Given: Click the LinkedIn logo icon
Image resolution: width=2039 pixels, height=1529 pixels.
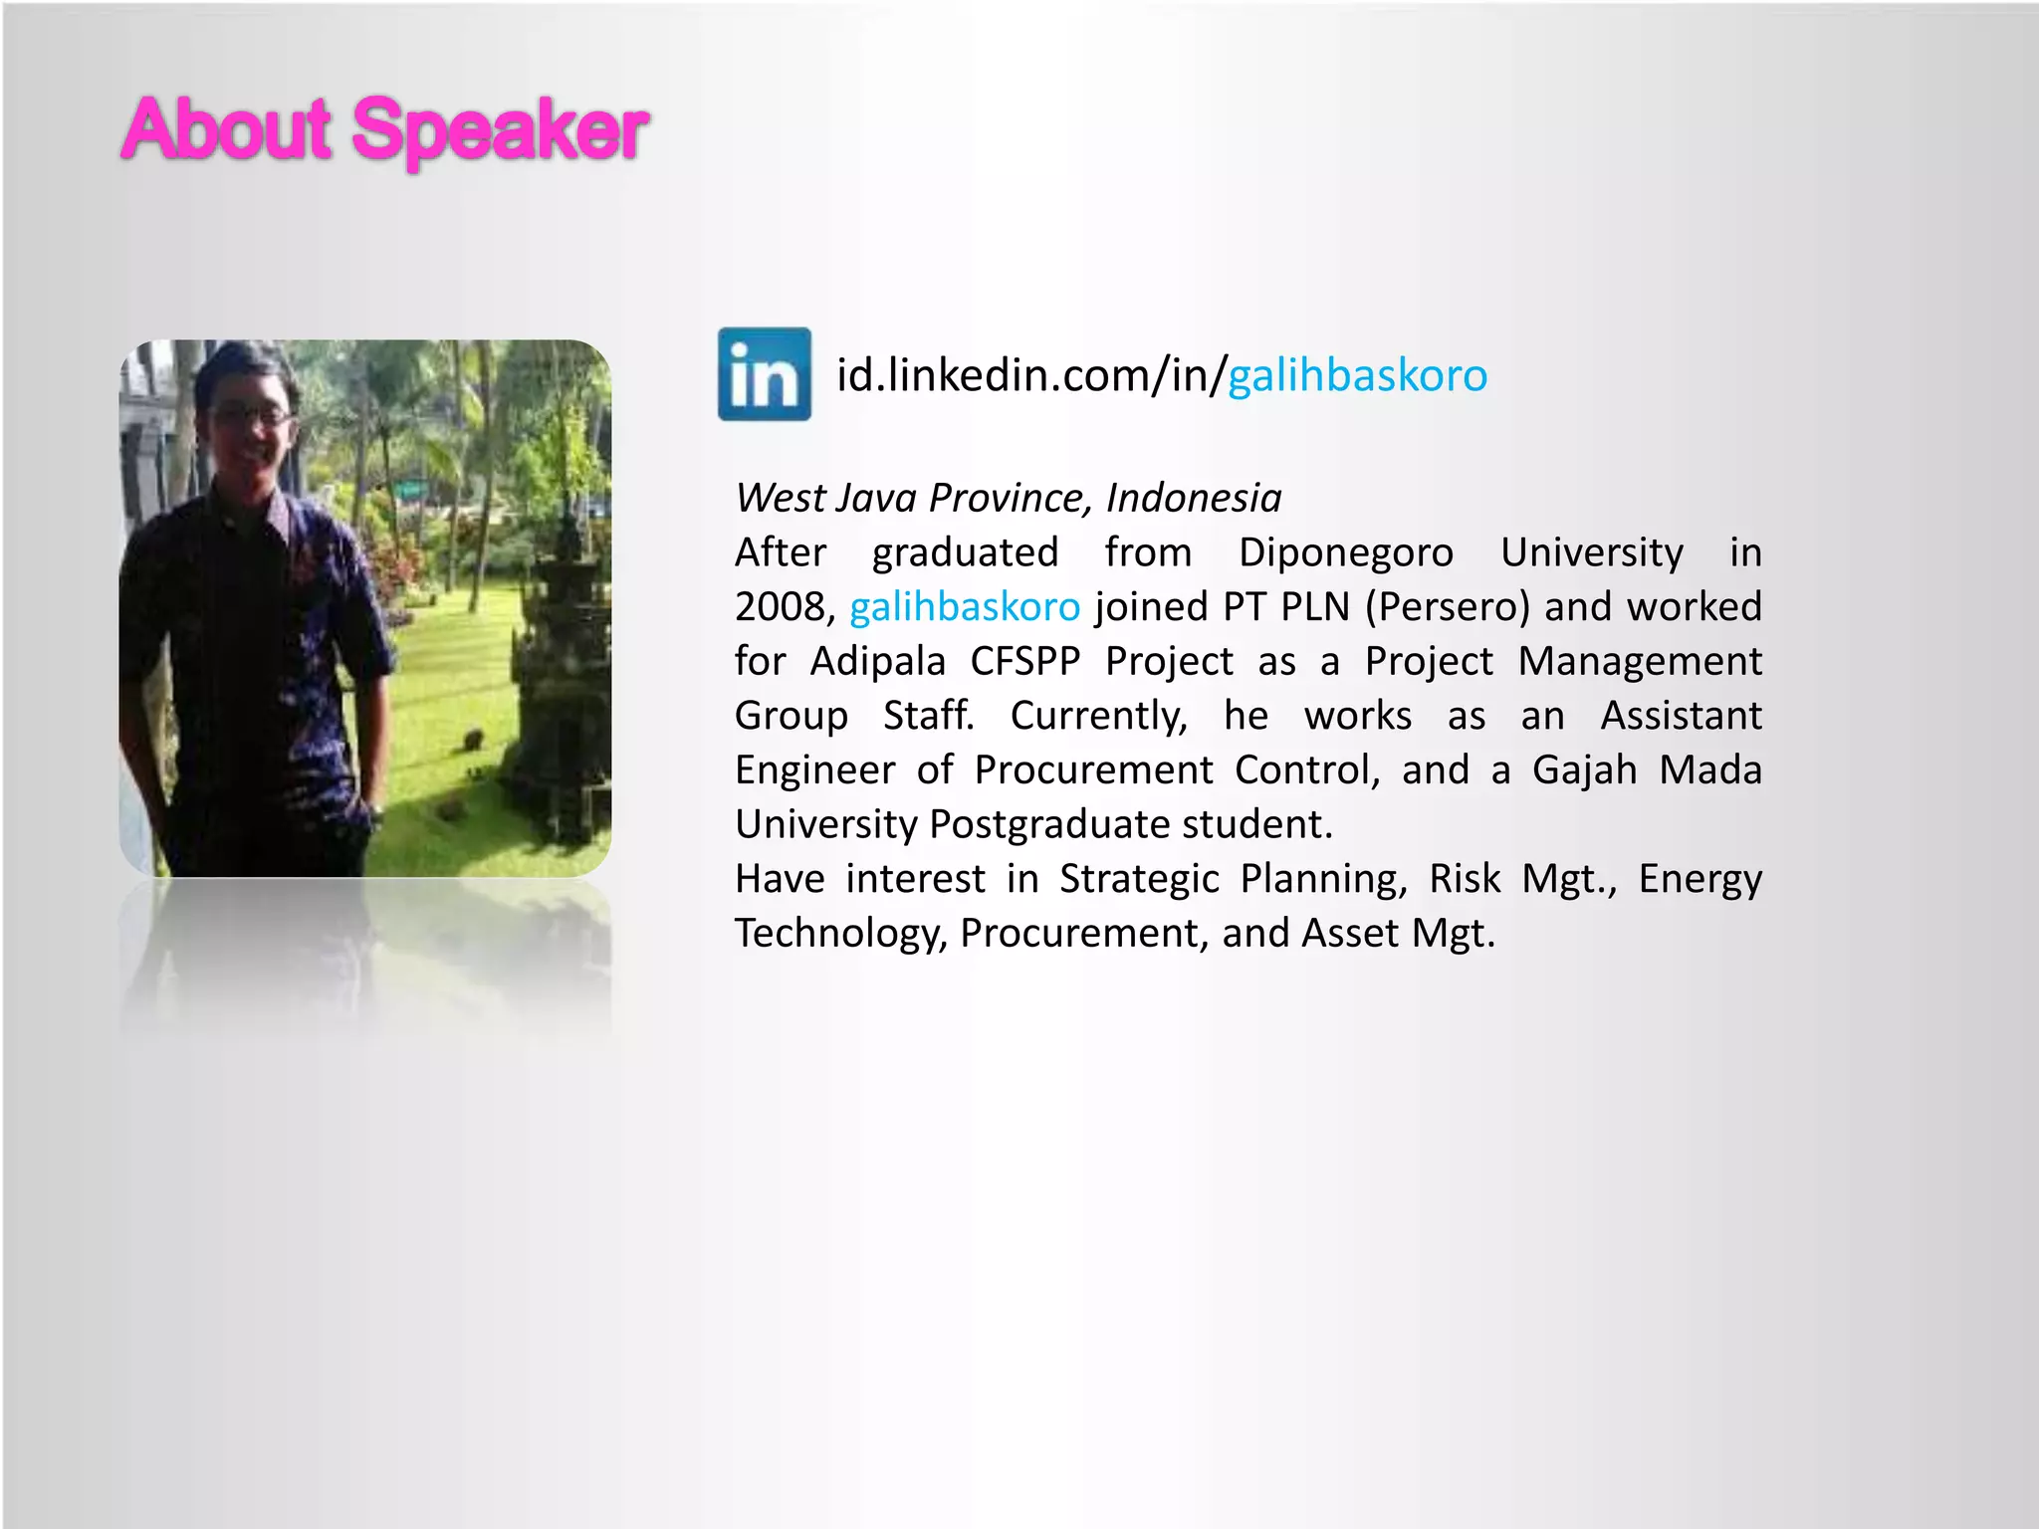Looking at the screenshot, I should point(765,374).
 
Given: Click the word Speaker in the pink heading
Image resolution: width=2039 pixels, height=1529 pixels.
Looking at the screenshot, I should point(500,129).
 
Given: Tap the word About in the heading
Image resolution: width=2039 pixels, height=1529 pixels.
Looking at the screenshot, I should point(226,129).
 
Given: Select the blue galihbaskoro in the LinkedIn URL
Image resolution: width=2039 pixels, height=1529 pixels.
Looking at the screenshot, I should point(1357,376).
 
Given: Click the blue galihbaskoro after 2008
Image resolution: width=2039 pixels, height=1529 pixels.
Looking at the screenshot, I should point(964,607).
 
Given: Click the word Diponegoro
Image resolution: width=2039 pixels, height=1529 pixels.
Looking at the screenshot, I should point(1345,553).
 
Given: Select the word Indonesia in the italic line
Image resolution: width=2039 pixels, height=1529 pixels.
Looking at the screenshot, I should point(1193,498).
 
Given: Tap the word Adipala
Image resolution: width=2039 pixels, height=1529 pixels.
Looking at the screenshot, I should point(877,662).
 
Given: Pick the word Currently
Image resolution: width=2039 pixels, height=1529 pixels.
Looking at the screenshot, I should point(1098,717).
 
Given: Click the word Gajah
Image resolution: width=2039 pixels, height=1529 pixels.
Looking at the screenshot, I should point(1584,770).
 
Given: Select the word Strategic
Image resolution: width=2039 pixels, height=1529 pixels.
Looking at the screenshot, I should point(1139,880).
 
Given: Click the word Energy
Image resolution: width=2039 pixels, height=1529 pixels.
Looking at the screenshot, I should point(1699,880).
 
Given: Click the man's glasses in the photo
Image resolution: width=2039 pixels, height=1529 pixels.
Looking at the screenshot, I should point(251,417).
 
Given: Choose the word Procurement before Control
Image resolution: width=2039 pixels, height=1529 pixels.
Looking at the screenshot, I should point(1093,770).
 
